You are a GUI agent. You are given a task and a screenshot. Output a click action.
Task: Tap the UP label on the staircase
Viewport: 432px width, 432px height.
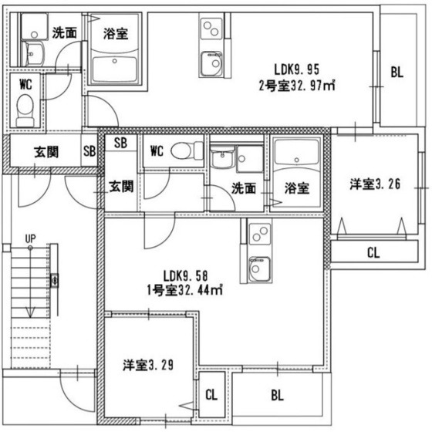click(29, 238)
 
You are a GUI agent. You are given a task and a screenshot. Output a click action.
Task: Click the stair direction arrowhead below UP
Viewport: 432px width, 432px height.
click(29, 312)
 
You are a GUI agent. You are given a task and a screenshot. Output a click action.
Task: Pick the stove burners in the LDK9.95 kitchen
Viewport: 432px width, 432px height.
click(210, 29)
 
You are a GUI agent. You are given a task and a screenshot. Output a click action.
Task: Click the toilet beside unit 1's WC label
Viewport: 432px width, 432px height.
click(182, 150)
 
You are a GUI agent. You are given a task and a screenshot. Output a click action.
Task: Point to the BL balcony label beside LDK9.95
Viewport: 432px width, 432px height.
click(397, 73)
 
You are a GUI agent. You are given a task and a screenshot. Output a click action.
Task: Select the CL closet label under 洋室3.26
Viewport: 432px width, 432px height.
click(373, 251)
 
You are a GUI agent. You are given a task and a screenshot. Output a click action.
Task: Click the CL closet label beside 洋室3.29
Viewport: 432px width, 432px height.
click(211, 395)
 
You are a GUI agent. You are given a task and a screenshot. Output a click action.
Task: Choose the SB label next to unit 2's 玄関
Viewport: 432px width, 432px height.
click(89, 151)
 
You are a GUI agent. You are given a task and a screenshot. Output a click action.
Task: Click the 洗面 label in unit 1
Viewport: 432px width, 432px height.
click(245, 187)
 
